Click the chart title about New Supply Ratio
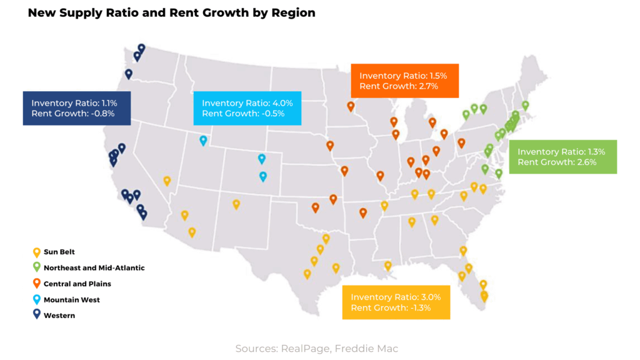171,12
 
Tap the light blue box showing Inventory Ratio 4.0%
247,107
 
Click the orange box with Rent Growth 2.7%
404,81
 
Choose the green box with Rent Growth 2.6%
562,156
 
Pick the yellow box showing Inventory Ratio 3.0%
396,302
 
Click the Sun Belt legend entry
59,252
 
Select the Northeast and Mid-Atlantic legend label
94,267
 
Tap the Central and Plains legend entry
77,284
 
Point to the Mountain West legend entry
71,300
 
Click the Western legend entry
59,316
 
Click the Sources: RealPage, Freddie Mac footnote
316,348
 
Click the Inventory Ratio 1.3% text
561,151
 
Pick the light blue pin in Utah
203,140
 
